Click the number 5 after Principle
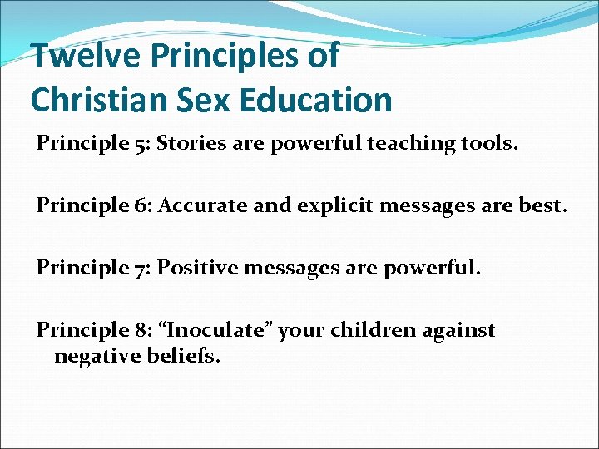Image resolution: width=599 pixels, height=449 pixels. [138, 144]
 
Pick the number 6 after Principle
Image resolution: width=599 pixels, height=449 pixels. [139, 205]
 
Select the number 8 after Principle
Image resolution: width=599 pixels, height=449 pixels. [139, 330]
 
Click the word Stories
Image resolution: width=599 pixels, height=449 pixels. [191, 143]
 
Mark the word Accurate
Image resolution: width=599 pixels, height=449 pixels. [196, 205]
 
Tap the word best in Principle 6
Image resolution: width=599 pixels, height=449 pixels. [542, 205]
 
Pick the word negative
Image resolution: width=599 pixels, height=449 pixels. [91, 357]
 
